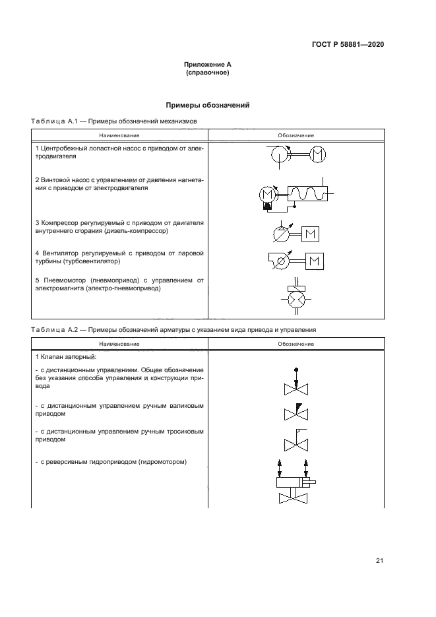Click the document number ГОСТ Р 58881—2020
click(348, 45)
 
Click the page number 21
click(379, 561)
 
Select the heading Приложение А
click(208, 65)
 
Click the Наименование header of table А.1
click(119, 135)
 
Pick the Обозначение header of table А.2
click(296, 344)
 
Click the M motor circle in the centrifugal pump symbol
click(317, 154)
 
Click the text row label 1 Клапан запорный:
click(66, 356)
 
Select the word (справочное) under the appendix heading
click(208, 73)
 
